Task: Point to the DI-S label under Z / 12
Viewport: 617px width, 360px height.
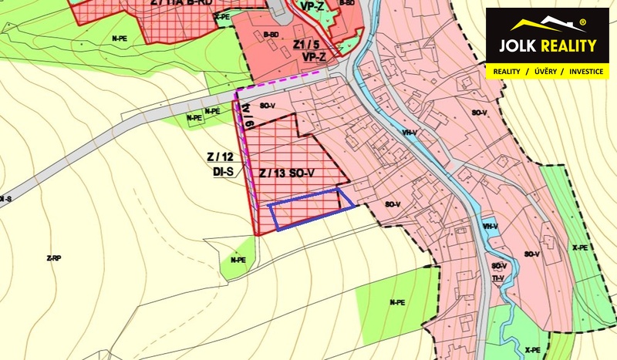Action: (x=223, y=173)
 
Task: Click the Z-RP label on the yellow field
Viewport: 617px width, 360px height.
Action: (x=54, y=258)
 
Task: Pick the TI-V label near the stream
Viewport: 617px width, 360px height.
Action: (x=498, y=278)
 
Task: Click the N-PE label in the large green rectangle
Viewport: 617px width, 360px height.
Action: (x=397, y=302)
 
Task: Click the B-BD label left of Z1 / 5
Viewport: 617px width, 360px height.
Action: (x=270, y=34)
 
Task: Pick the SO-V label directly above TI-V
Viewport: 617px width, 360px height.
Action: (x=498, y=266)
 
